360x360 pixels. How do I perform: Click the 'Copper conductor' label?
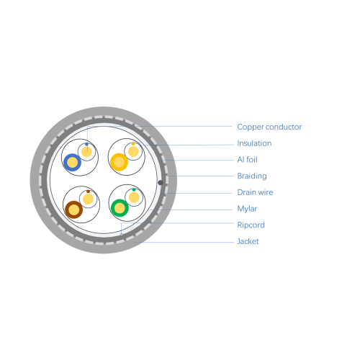pos(269,127)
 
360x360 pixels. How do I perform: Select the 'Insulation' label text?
pos(254,143)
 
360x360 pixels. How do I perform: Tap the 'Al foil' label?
pos(247,159)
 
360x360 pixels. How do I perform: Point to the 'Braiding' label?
pos(252,176)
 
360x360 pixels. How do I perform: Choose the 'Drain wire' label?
pos(255,192)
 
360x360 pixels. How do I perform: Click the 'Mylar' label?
pos(247,209)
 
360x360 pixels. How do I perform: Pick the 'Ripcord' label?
pos(251,225)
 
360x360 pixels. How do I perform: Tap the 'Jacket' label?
pos(248,241)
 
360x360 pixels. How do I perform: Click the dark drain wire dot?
pos(161,183)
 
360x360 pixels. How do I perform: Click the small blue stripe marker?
pos(86,144)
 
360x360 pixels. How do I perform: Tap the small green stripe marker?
pos(134,189)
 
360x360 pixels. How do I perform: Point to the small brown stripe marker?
pos(88,192)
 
